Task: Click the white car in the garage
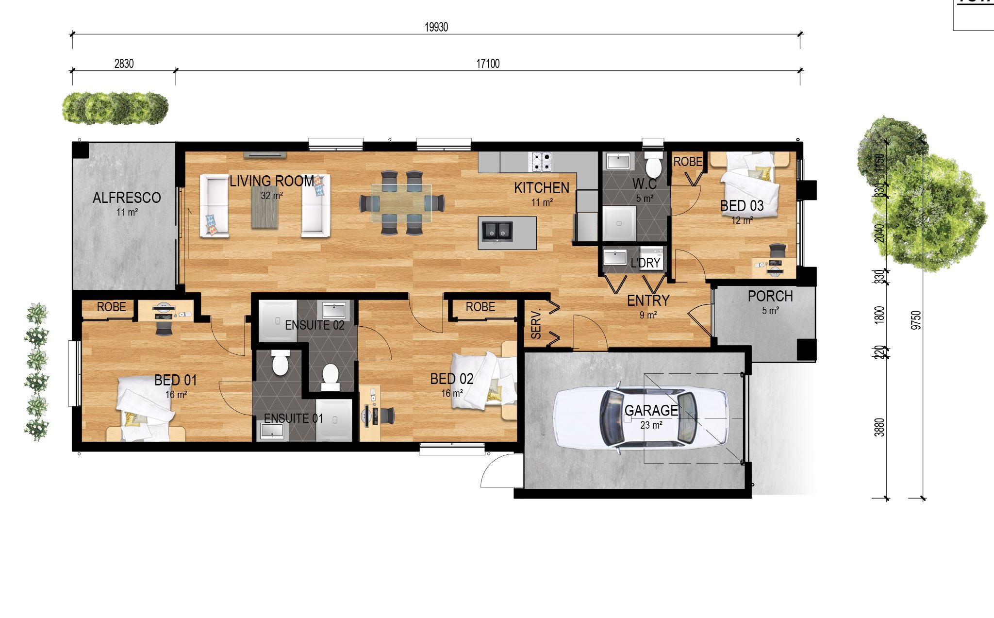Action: [641, 418]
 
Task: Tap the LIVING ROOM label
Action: [272, 181]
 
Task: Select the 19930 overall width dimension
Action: [436, 27]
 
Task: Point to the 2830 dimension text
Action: [124, 64]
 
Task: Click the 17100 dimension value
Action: [488, 64]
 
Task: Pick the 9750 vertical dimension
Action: [916, 320]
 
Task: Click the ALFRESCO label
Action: [127, 198]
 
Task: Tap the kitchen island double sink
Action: [497, 232]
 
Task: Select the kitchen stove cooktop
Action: [541, 162]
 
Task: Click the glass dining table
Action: [401, 203]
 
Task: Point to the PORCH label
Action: [770, 296]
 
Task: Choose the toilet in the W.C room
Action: [653, 165]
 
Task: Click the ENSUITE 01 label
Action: [293, 418]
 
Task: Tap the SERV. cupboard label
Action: [536, 324]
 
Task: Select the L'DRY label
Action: [646, 263]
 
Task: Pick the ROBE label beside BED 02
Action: [480, 307]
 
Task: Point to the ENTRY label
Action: [648, 301]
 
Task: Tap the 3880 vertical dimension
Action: [879, 427]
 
